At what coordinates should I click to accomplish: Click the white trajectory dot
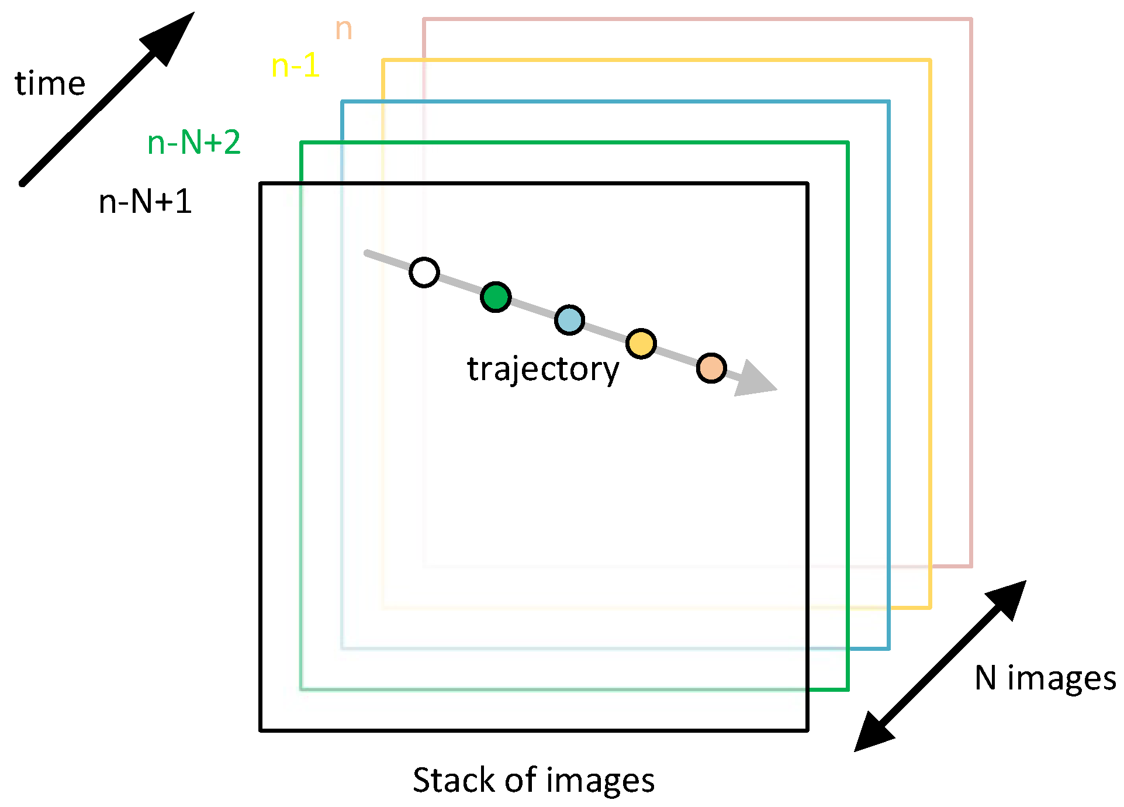(x=424, y=273)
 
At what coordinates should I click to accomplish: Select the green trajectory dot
(x=496, y=297)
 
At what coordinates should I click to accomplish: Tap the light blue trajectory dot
(x=569, y=320)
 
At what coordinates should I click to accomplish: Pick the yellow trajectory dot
(x=641, y=343)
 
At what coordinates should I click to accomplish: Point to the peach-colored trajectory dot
(x=711, y=368)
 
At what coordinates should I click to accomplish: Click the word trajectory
(x=542, y=370)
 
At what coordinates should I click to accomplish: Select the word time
(x=50, y=84)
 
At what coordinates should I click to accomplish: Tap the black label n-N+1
(x=146, y=202)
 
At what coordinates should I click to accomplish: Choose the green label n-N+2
(x=194, y=143)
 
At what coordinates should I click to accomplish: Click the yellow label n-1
(x=295, y=65)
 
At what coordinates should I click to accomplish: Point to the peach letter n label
(x=344, y=29)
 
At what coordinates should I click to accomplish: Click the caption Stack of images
(x=533, y=780)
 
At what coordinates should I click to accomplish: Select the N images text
(x=1045, y=678)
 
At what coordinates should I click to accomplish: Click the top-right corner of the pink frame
(x=971, y=19)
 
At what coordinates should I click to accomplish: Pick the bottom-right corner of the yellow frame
(x=930, y=608)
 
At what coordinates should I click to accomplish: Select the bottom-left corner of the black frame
(x=261, y=730)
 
